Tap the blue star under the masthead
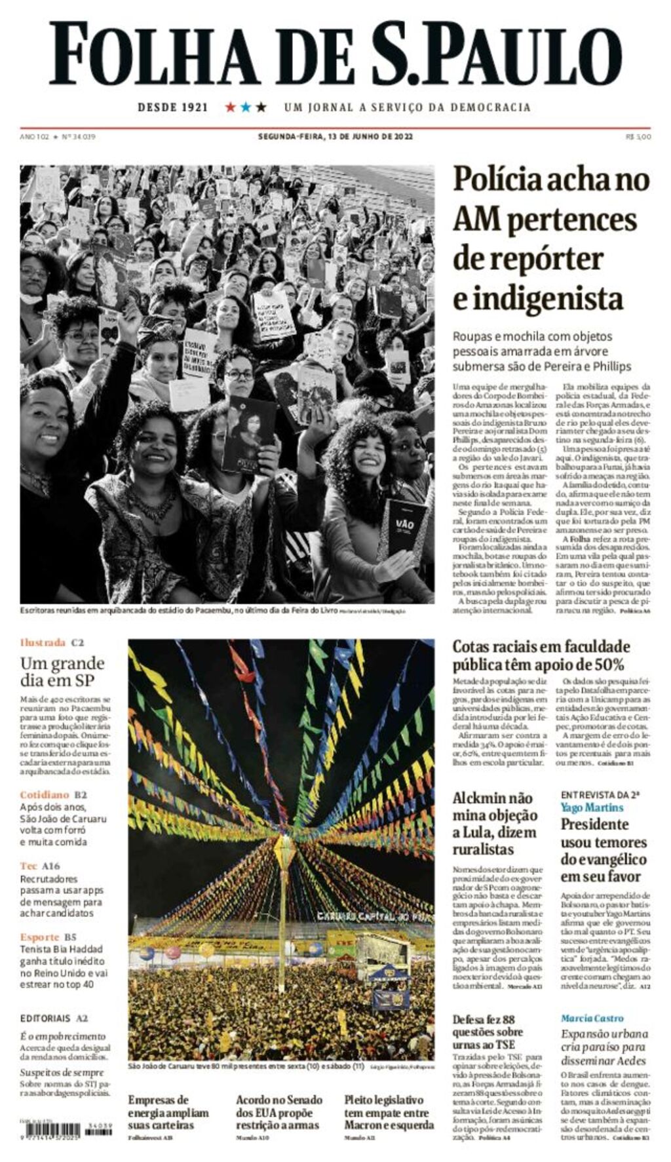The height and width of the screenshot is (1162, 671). pos(246,107)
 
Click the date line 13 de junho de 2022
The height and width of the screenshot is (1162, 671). pos(335,137)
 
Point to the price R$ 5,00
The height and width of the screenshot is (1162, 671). pos(638,137)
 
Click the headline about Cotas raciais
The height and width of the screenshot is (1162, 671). pos(541,655)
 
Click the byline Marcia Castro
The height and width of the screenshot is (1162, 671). pos(592,1018)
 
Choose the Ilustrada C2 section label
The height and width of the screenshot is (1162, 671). pos(52,642)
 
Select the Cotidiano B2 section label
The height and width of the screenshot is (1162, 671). pos(54,795)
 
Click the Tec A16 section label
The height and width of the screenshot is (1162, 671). pos(40,866)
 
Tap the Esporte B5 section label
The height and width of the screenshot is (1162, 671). pos(48,937)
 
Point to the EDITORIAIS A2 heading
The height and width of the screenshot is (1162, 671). pos(54,1018)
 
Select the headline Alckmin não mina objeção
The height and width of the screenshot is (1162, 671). pos(494,824)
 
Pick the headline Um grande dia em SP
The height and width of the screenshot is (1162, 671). pos(62,671)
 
